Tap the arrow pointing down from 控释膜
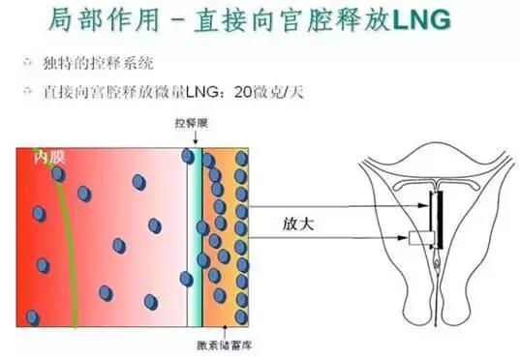(195, 140)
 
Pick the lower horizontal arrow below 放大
(329, 236)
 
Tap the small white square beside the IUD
(419, 238)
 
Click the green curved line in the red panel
(70, 242)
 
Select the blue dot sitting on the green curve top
(58, 174)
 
